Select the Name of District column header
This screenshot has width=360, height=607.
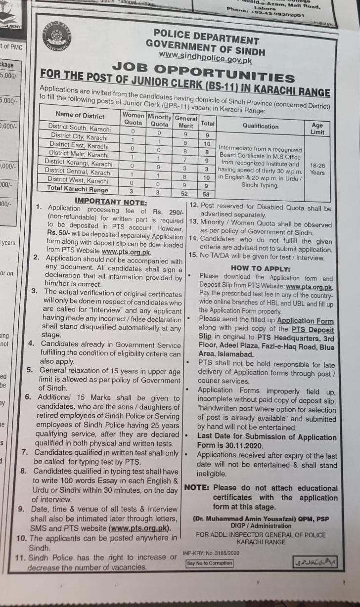coord(80,116)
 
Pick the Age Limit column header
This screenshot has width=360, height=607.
coord(317,129)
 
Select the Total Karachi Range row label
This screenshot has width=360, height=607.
coord(77,189)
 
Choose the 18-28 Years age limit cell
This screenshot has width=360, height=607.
coord(317,169)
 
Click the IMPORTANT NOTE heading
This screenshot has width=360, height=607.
coord(110,202)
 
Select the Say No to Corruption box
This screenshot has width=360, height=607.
coord(209,563)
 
